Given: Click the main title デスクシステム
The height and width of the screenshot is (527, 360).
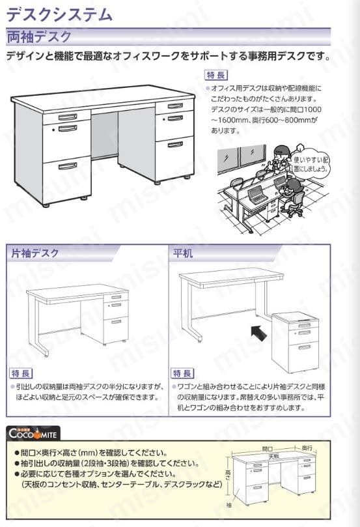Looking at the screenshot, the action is (60, 14).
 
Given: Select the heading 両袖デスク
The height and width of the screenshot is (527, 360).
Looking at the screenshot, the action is (39, 36).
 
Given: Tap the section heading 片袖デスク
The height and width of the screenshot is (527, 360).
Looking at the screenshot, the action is (35, 253).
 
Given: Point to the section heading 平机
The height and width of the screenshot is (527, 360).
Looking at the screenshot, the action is (183, 253).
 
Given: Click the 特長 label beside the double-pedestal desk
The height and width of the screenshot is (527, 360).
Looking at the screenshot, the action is (216, 75).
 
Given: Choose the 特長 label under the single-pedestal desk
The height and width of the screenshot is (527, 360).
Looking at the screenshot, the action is (21, 373).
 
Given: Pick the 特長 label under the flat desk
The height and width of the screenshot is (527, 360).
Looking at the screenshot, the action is (182, 373).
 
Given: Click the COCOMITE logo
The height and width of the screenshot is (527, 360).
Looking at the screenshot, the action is (33, 433).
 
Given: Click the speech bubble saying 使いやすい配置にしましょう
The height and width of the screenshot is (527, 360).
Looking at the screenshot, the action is (310, 164).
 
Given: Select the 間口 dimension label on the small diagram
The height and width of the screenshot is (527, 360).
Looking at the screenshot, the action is (268, 449).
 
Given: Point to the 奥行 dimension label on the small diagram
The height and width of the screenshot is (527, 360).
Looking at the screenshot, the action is (307, 448).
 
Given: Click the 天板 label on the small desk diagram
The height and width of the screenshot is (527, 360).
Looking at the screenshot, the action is (273, 457).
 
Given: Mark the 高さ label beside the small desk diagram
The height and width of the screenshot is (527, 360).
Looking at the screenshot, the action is (228, 475).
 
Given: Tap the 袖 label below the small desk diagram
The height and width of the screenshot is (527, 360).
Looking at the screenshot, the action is (228, 504).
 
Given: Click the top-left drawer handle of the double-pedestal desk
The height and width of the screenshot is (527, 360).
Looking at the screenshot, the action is (68, 117).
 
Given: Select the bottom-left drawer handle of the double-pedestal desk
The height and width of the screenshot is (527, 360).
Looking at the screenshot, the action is (68, 166).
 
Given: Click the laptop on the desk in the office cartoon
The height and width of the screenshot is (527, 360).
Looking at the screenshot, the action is (254, 195).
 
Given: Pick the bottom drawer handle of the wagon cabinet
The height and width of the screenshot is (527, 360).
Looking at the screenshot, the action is (304, 347).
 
